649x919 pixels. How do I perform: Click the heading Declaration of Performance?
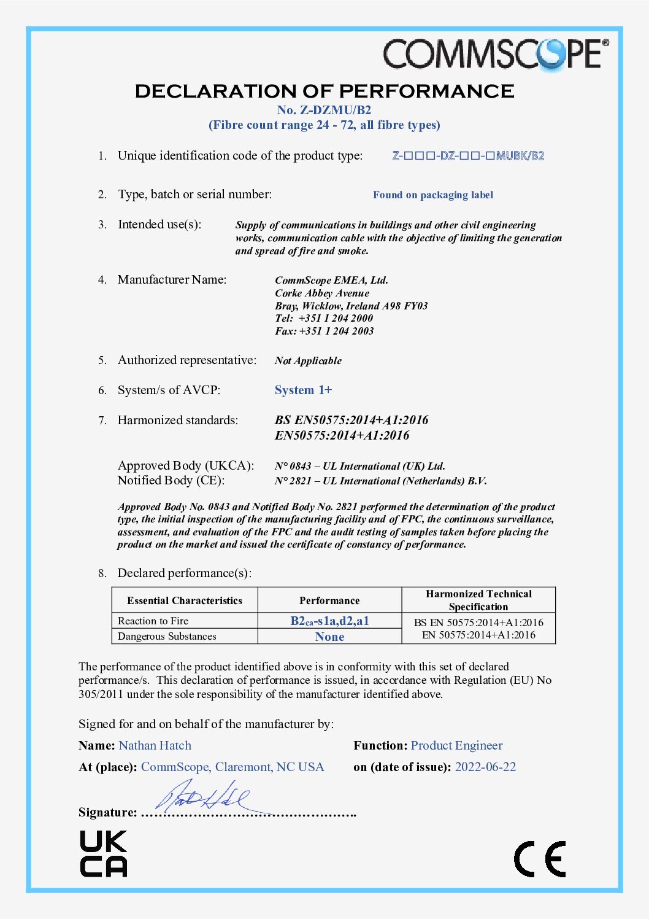coord(324,91)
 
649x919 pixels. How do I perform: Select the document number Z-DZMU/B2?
coord(324,111)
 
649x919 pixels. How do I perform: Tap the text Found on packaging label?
coord(432,195)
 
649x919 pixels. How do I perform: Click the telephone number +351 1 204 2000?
coord(336,318)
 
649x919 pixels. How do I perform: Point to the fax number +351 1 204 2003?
coord(336,331)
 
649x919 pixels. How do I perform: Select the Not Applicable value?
coord(308,361)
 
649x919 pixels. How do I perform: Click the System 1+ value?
coord(303,390)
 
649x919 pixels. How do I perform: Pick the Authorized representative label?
coord(186,360)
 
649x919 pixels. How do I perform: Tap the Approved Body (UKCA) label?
coord(185,466)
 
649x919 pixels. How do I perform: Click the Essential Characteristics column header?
coord(185,600)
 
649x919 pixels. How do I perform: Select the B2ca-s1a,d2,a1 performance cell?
coord(329,621)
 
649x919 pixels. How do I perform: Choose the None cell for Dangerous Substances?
coord(329,637)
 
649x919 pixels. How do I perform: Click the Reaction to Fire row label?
coord(153,621)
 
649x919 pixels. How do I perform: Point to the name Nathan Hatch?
coord(155,746)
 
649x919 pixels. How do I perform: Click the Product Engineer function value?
coord(456,746)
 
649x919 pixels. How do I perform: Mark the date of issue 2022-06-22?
coord(485,767)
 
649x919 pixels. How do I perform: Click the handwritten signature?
coord(202,796)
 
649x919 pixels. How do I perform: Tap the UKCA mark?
coord(103,853)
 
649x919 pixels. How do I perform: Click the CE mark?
coord(540,859)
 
